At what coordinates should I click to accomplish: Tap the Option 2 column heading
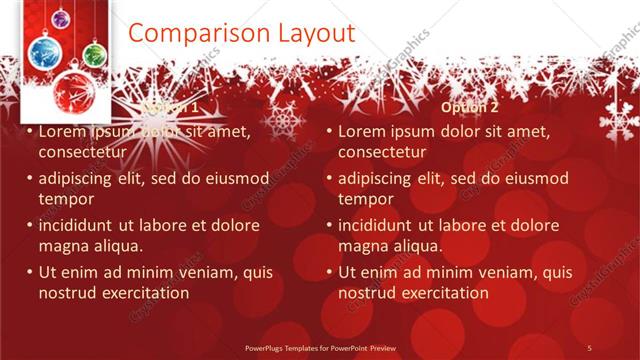pos(468,107)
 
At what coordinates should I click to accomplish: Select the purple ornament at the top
pos(60,19)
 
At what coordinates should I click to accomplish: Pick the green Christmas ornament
pos(94,53)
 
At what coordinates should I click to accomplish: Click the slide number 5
pos(589,347)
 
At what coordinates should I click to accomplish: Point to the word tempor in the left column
pos(65,199)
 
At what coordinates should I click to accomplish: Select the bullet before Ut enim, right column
pos(329,272)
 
